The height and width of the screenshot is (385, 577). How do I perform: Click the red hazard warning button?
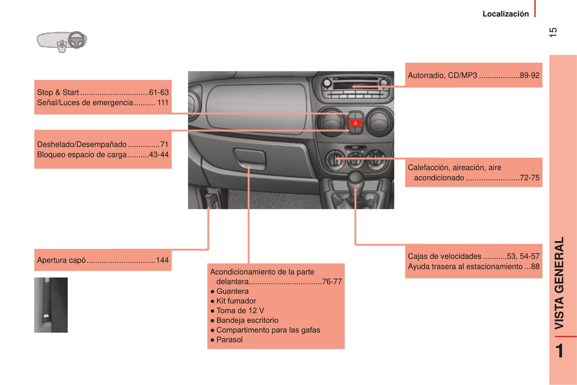(355, 123)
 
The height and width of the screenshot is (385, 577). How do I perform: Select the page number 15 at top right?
(553, 32)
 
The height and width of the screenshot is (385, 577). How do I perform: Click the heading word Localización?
(506, 14)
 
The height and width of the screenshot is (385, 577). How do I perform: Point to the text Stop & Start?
(58, 92)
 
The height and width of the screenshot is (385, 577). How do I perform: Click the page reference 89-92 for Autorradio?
(529, 75)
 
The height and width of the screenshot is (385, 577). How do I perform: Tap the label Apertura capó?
(61, 260)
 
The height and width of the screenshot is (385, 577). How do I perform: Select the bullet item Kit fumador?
(236, 301)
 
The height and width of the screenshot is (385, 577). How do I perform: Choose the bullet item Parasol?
(229, 340)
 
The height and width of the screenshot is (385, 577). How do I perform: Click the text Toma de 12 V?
(240, 311)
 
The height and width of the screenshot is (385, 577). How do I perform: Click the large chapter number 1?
(559, 351)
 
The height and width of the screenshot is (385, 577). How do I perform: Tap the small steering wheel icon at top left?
(77, 40)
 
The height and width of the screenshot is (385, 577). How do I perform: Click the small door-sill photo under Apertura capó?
(51, 305)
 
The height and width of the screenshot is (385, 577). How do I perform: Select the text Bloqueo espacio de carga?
(82, 155)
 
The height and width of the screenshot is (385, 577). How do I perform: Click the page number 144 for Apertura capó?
(162, 260)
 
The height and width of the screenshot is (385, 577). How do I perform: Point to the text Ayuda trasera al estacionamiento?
(465, 266)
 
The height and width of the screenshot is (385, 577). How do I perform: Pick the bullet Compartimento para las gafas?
(268, 330)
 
